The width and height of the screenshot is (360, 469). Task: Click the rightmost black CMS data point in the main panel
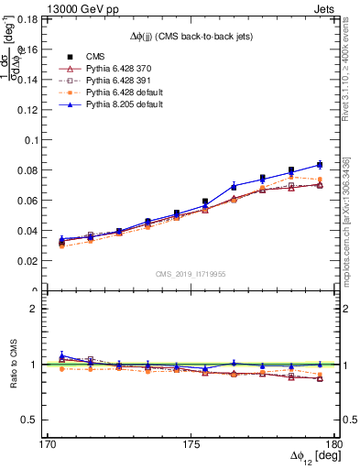[x=320, y=165]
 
